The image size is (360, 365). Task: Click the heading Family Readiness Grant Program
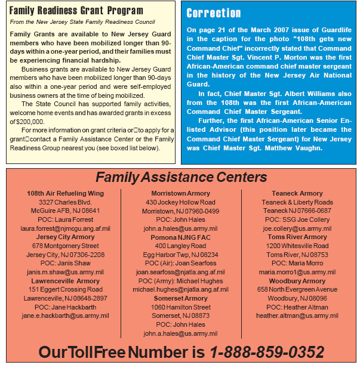pyautogui.click(x=76, y=11)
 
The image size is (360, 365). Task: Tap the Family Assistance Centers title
pyautogui.click(x=181, y=177)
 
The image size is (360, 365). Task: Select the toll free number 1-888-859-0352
pyautogui.click(x=267, y=351)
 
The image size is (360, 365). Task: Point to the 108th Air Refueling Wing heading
pyautogui.click(x=65, y=194)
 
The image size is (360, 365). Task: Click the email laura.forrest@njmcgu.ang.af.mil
pyautogui.click(x=65, y=228)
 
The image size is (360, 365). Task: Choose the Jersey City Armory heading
pyautogui.click(x=65, y=237)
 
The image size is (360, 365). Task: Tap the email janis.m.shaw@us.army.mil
pyautogui.click(x=65, y=272)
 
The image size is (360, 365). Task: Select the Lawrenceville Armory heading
pyautogui.click(x=65, y=281)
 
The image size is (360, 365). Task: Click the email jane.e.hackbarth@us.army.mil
pyautogui.click(x=65, y=315)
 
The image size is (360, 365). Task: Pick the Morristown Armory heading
pyautogui.click(x=180, y=194)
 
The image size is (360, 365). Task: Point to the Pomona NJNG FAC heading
pyautogui.click(x=180, y=237)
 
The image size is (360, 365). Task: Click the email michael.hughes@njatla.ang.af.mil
pyautogui.click(x=180, y=289)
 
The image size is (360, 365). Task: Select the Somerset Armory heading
pyautogui.click(x=180, y=298)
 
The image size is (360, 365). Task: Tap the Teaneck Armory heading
pyautogui.click(x=297, y=194)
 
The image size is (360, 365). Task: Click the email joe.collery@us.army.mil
pyautogui.click(x=297, y=228)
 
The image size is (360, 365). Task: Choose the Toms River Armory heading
pyautogui.click(x=297, y=237)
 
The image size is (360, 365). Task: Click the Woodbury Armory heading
pyautogui.click(x=297, y=281)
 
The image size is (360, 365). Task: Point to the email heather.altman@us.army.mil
pyautogui.click(x=297, y=315)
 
